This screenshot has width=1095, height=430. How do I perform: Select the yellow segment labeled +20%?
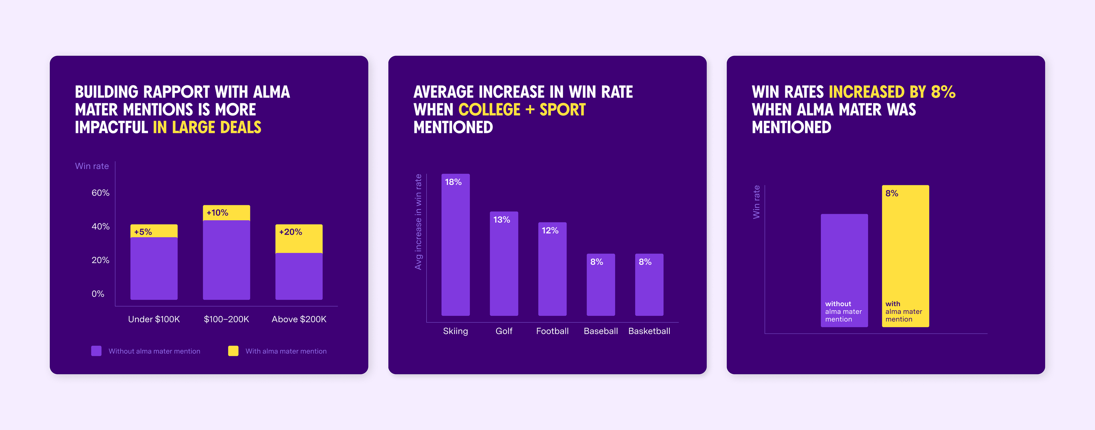click(x=299, y=239)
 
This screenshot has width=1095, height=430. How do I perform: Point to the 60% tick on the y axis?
click(x=100, y=193)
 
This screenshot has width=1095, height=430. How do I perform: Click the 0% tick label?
click(x=98, y=294)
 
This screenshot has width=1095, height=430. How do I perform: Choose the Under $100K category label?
click(x=154, y=319)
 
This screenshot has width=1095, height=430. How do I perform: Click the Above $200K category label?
click(x=299, y=319)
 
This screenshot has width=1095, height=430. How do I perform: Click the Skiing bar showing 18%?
click(x=455, y=246)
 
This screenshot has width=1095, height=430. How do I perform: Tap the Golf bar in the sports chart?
click(x=504, y=265)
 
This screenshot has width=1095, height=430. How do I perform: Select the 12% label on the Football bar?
click(x=550, y=231)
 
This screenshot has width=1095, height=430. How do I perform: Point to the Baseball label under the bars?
click(x=601, y=331)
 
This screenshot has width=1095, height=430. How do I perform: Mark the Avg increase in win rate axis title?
click(x=418, y=222)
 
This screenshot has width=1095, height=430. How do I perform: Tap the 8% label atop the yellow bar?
click(x=892, y=194)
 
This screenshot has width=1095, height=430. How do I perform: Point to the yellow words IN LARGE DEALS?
click(x=207, y=127)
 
